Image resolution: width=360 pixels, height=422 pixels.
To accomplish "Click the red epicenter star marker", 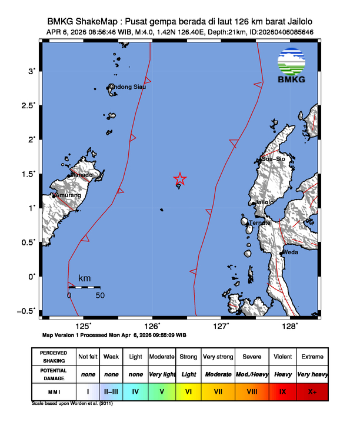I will point(180,179).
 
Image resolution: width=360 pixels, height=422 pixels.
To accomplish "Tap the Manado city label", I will point(82,175).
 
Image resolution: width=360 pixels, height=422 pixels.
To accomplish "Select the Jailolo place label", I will point(263,202).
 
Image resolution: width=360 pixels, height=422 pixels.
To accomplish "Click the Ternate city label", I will point(259,223).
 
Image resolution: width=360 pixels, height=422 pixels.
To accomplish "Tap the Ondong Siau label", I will point(128,87).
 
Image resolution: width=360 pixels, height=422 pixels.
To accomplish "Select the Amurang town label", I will point(68,195).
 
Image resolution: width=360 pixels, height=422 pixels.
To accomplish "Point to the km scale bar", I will point(84,287).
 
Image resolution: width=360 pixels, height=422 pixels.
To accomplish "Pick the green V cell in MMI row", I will point(162,391).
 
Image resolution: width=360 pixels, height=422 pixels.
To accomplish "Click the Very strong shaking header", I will point(218,357).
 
